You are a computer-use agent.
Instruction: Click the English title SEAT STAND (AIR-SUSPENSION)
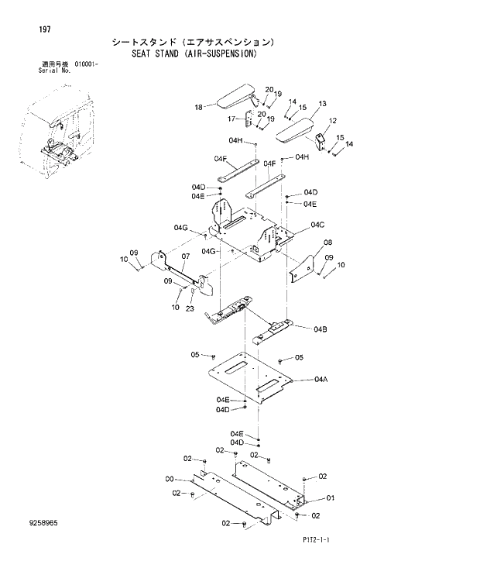tap(193, 54)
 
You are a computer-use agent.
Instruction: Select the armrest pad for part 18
tap(236, 99)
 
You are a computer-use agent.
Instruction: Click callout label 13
tap(322, 103)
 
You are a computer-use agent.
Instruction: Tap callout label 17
tap(231, 119)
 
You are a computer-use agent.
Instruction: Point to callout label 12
tap(332, 121)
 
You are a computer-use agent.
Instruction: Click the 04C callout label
tap(317, 225)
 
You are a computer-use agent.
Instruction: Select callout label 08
tap(327, 243)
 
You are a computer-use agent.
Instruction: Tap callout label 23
tap(190, 308)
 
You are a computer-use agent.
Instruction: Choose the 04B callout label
tap(320, 329)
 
